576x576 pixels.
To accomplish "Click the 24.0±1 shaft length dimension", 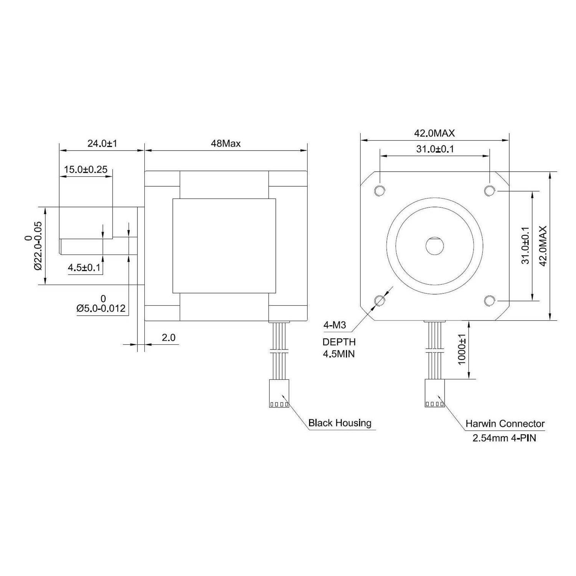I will coord(102,144).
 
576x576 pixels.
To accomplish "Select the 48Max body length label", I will coord(226,144).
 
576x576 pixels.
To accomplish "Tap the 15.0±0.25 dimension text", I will coord(86,169).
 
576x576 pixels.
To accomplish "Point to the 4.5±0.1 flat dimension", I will coord(84,268).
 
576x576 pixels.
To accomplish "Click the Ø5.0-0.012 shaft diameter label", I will coord(101,308).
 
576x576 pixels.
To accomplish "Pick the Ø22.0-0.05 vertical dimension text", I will coord(38,246).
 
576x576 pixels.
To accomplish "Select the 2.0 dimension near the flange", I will coord(168,338).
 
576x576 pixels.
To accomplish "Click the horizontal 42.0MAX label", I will coord(434,133).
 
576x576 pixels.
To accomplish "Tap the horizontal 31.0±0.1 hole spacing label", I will coord(435,149).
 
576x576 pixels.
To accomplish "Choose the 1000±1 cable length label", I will coord(462,349).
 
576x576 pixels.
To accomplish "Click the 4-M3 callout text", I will coord(334,325).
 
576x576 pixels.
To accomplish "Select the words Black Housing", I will coord(340,423).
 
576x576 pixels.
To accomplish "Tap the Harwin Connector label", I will coord(505,424).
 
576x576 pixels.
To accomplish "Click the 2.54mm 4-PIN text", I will coord(504,438).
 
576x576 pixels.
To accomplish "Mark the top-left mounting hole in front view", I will coord(380,190).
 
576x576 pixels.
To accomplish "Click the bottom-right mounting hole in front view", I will coord(490,300).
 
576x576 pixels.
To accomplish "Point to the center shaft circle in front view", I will coord(435,246).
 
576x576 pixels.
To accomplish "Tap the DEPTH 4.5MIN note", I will coord(339,348).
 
